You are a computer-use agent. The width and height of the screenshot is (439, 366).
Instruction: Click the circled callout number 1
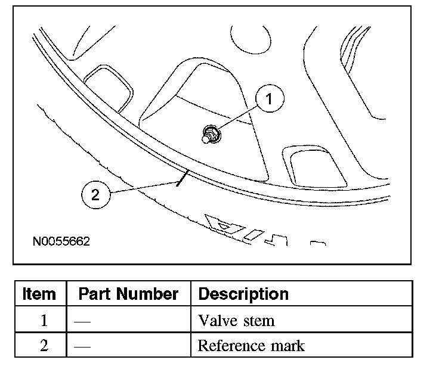coord(269,100)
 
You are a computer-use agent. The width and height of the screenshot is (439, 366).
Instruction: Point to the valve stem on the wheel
coord(209,135)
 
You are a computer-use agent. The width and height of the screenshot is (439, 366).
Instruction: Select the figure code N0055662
coord(61,243)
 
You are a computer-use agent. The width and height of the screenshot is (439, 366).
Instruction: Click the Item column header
coord(39,294)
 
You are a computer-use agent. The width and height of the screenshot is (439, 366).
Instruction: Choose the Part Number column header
coord(128,294)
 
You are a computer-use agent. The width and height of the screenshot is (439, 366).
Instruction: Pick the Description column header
coord(243,294)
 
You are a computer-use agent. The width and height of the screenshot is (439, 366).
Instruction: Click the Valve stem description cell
coord(236,320)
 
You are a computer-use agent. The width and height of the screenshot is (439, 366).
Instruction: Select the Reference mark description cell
coord(251,345)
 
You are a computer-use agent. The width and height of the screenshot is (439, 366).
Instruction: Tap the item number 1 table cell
coord(44,320)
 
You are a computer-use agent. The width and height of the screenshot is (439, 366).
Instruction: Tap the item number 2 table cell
coord(44,346)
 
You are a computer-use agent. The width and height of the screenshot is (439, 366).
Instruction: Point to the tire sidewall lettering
coord(245,229)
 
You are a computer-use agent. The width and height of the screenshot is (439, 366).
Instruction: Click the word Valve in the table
coord(215,320)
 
